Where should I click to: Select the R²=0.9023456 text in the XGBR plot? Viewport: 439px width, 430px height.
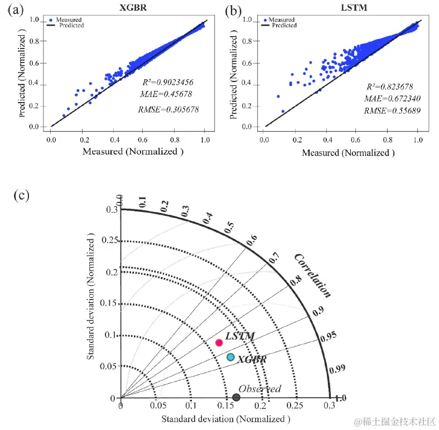[167, 81]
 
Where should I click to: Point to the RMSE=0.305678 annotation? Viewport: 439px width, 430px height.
[168, 109]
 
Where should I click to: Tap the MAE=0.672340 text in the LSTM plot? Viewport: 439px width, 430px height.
[388, 98]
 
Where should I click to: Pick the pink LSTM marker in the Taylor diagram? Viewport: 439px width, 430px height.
[219, 342]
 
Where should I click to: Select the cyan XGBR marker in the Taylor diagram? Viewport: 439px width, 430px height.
[230, 357]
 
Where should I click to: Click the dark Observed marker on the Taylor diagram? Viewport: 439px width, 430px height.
[237, 397]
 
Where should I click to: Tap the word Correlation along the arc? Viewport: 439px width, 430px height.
[313, 274]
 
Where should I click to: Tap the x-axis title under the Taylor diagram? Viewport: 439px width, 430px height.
[226, 418]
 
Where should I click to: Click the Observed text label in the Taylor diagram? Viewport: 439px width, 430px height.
[259, 389]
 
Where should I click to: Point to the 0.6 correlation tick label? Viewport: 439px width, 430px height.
[252, 240]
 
